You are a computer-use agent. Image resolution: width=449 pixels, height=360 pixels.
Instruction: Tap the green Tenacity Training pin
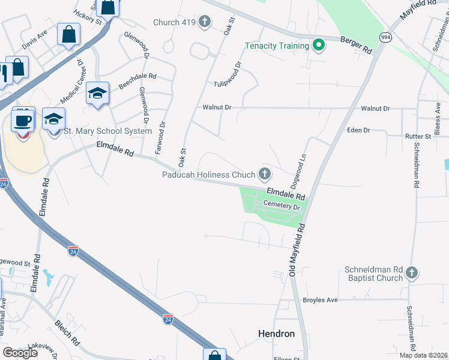pos(319,46)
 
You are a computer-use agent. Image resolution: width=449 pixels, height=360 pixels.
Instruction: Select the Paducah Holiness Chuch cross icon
pos(264,175)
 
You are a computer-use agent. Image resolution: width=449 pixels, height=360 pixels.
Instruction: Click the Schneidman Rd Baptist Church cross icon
pos(412,274)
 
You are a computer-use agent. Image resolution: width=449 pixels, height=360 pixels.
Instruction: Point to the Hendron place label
pos(276,333)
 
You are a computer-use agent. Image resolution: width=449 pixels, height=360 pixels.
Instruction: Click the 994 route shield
pos(386,37)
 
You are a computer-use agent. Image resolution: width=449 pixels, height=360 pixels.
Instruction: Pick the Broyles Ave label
pos(321,300)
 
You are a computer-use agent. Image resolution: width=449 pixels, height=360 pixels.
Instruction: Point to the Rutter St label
pos(418,136)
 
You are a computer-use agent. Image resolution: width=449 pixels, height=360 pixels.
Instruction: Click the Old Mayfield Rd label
pos(297,250)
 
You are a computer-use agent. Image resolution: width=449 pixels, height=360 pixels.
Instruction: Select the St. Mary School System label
pos(108,131)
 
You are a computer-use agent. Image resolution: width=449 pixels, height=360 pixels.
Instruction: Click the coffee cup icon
pos(23,120)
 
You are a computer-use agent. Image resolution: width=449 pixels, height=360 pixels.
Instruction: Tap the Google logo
pos(20,353)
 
